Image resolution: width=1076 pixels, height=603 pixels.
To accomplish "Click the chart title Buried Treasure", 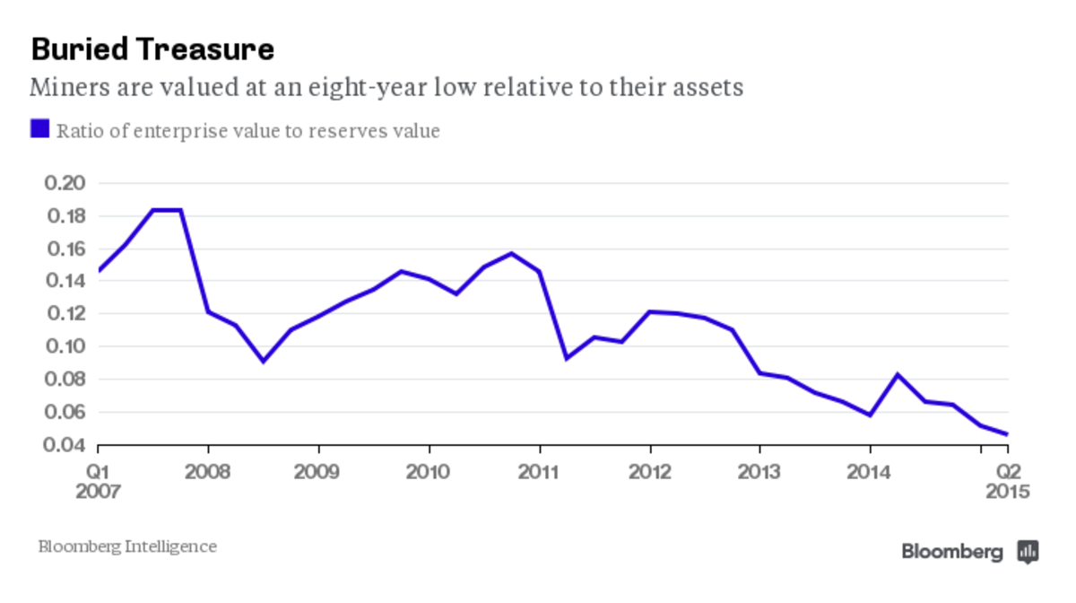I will (152, 49).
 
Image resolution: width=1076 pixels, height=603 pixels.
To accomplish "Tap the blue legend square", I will (39, 129).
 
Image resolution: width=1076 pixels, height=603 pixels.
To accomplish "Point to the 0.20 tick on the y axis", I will (64, 184).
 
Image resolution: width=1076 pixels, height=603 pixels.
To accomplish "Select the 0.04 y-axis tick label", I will (64, 445).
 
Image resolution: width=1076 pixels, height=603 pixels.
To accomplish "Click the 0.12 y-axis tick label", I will (64, 314).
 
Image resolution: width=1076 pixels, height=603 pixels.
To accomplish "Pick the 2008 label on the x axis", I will (208, 472).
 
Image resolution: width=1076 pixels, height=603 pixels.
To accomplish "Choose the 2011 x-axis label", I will (539, 472).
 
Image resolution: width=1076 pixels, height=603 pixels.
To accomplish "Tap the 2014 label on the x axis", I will (870, 472).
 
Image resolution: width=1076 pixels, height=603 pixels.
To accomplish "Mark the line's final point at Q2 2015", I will (1008, 434).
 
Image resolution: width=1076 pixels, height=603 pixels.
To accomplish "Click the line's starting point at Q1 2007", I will (98, 270).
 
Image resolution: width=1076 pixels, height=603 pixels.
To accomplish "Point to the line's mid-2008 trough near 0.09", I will (263, 362).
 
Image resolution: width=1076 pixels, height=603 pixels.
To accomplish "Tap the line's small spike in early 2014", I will (898, 374).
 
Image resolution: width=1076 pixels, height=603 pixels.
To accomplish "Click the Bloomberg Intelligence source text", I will (127, 546).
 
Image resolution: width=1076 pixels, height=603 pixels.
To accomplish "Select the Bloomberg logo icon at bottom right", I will (1028, 551).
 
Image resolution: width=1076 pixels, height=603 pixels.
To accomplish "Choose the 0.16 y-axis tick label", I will (64, 249).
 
